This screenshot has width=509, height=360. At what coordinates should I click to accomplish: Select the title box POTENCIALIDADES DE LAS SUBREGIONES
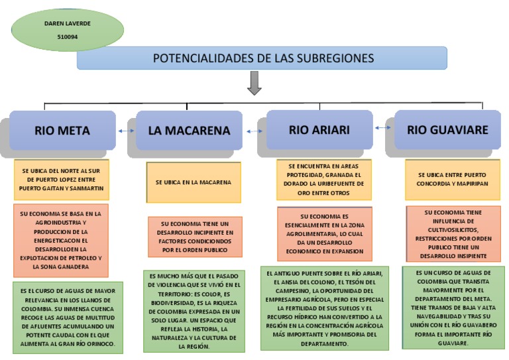tap(262, 58)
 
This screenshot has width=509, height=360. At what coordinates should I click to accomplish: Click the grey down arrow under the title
tap(254, 84)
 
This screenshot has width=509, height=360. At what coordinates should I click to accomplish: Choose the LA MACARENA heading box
tap(189, 130)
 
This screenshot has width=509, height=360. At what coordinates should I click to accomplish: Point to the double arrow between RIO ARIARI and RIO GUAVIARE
tap(382, 127)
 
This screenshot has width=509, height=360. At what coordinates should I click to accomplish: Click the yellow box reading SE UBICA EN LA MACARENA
tap(193, 182)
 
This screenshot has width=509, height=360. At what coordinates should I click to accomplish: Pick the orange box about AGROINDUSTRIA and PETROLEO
tap(60, 239)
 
